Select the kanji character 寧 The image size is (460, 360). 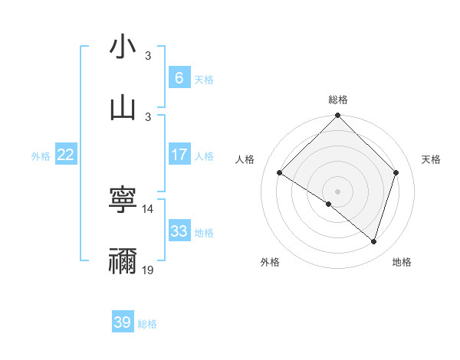click(123, 201)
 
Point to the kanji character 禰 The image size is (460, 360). click(123, 260)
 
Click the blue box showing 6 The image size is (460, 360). click(179, 77)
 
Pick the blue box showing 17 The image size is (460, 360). click(179, 155)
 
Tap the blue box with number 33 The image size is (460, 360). click(179, 231)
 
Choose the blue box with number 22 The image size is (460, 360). click(66, 155)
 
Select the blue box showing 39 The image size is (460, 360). click(122, 322)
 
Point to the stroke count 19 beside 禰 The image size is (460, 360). click(148, 270)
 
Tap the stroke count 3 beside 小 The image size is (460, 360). click(148, 56)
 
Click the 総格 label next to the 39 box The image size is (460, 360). click(147, 324)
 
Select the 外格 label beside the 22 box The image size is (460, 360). click(41, 156)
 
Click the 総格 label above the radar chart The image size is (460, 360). click(338, 100)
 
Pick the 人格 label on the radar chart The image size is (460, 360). click(245, 159)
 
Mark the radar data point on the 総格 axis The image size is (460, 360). click(337, 116)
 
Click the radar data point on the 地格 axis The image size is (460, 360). click(374, 242)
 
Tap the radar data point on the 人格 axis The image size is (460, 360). click(280, 173)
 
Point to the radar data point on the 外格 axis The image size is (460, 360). click(329, 204)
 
